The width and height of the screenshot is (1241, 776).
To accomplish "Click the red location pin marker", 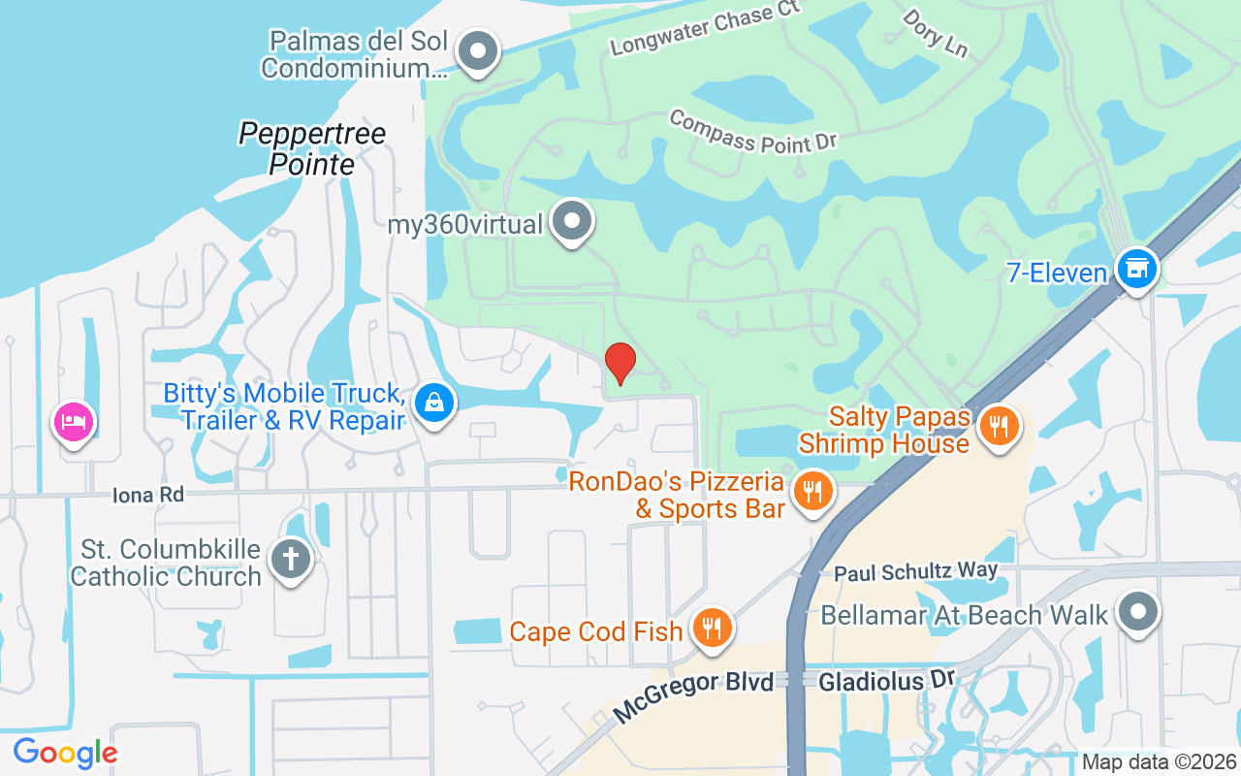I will coord(620,362).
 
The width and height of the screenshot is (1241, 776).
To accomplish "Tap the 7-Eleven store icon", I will coord(1137,267).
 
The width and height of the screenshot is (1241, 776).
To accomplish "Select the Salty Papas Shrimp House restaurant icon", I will coord(999,425).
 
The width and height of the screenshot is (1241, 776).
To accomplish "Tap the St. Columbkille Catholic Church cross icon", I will coord(290,559).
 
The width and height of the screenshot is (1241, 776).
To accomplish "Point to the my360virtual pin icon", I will coord(572,220).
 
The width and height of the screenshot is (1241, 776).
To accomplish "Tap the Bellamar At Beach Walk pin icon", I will coord(1138,612).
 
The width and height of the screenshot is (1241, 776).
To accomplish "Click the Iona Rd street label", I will coord(147,495).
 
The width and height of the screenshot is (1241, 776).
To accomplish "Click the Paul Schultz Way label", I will coord(916,572).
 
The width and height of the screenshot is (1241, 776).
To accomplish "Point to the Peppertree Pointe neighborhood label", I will coord(312,148).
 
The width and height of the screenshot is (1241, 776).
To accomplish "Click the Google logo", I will coord(65,753).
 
